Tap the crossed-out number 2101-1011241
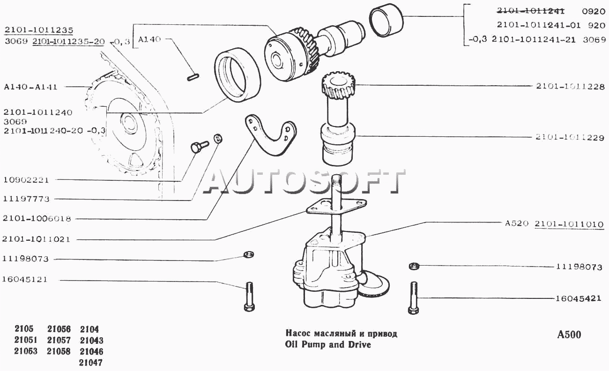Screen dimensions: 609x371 (x=530, y=11)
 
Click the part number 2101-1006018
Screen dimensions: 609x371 (x=37, y=218)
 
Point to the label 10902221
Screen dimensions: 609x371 (x=26, y=180)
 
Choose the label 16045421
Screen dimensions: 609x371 (x=578, y=298)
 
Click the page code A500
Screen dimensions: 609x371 (x=569, y=334)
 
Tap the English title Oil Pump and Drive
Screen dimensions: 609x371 (x=328, y=345)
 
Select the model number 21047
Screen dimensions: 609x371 (x=91, y=363)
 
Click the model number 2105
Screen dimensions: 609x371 (x=24, y=329)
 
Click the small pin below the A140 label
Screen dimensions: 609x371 (x=193, y=77)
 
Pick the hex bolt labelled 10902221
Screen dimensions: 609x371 (x=199, y=147)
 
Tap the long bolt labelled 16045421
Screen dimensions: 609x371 (x=414, y=298)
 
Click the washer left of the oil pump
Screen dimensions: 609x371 (x=248, y=255)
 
